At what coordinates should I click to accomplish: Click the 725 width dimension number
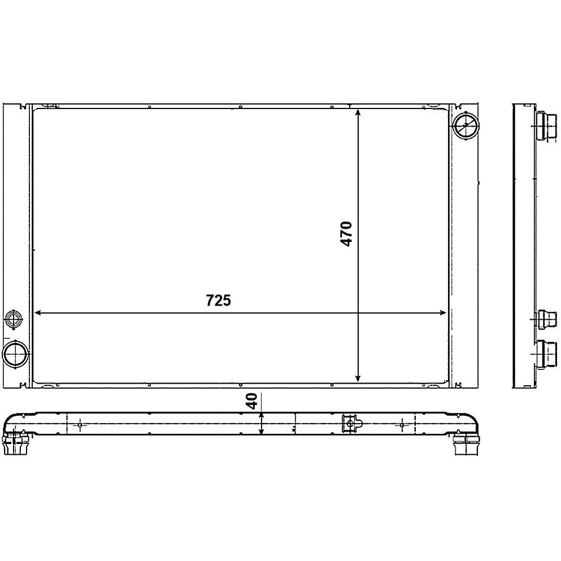click(x=218, y=300)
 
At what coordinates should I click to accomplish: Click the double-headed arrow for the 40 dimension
click(x=262, y=423)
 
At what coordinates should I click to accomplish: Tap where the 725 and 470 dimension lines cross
click(x=358, y=312)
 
